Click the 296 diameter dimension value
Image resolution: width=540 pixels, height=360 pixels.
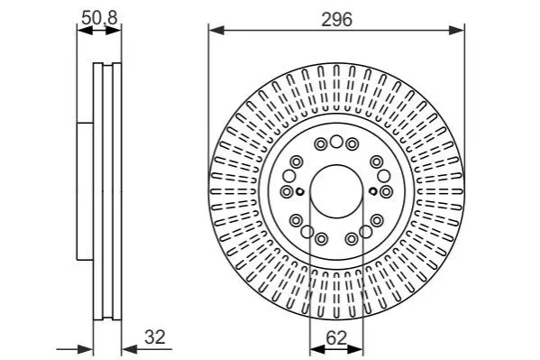(x=336, y=19)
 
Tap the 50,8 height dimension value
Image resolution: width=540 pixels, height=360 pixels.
(x=99, y=18)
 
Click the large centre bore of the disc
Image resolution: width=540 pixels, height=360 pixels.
(x=336, y=191)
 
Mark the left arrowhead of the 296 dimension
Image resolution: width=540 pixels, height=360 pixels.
(x=216, y=30)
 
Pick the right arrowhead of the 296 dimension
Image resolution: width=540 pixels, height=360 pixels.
(x=457, y=30)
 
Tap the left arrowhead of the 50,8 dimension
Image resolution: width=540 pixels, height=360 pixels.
(x=85, y=30)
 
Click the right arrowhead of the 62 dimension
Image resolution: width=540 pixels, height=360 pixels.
(x=355, y=349)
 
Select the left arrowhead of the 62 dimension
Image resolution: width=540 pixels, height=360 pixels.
(x=317, y=349)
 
